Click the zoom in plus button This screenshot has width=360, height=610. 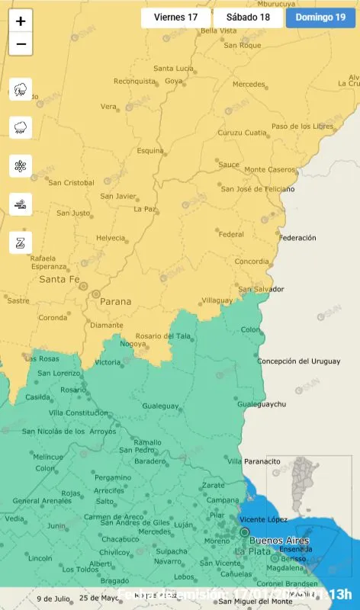pyautogui.click(x=21, y=21)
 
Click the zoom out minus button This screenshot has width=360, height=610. pyautogui.click(x=21, y=44)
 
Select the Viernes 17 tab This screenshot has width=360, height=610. pyautogui.click(x=175, y=18)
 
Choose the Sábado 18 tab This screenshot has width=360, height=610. pyautogui.click(x=248, y=18)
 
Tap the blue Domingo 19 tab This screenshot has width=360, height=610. pyautogui.click(x=320, y=18)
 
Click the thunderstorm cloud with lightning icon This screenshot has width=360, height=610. pyautogui.click(x=21, y=90)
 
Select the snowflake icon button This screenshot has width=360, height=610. pyautogui.click(x=21, y=165)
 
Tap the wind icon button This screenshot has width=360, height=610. pyautogui.click(x=21, y=204)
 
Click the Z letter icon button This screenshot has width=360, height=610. pyautogui.click(x=21, y=242)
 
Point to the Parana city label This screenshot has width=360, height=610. pyautogui.click(x=115, y=301)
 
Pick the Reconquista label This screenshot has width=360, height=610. pyautogui.click(x=134, y=82)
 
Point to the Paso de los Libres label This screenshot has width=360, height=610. pyautogui.click(x=303, y=126)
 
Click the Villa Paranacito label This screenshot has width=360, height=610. pyautogui.click(x=254, y=461)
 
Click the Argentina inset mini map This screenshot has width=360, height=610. pyautogui.click(x=309, y=488)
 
